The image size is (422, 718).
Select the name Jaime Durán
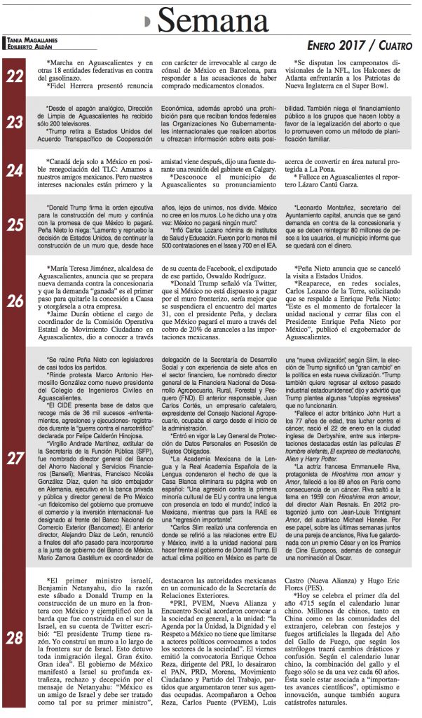(63, 316)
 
